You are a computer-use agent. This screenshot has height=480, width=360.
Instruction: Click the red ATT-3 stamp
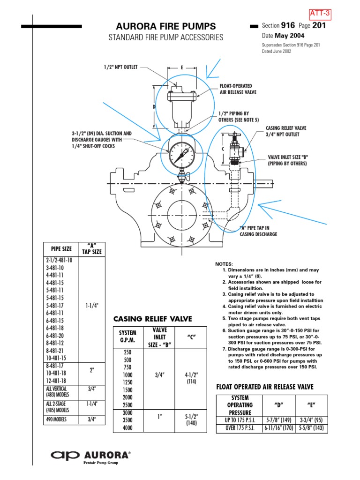coord(320,15)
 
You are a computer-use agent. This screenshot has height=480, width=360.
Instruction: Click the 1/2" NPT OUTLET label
coord(121,67)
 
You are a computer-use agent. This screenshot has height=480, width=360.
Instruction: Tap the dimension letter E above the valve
coord(181,67)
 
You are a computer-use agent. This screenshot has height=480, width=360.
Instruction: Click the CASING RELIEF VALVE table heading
coord(153,319)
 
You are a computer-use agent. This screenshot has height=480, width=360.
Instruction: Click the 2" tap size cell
coord(92,370)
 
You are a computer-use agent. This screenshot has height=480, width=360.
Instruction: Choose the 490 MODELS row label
coord(57,419)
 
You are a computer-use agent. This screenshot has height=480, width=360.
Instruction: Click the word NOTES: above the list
coord(224,264)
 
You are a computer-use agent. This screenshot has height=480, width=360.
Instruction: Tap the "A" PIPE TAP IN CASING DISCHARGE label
coord(258,230)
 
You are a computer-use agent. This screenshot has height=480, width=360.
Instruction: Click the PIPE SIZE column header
coord(60,249)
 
